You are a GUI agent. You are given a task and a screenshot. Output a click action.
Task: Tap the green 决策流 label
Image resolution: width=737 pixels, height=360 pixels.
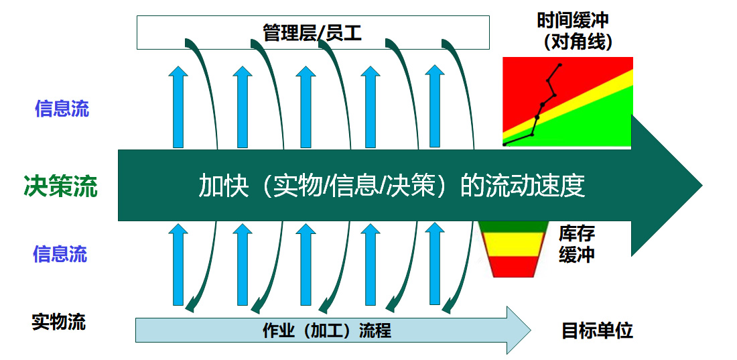click(60, 186)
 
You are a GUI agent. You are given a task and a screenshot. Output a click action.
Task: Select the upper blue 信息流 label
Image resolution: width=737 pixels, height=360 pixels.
click(62, 109)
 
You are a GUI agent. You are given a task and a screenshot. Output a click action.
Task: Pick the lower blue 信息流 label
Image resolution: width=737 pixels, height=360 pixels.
click(60, 254)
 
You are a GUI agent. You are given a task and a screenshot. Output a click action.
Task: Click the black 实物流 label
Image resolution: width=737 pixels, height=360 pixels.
click(59, 322)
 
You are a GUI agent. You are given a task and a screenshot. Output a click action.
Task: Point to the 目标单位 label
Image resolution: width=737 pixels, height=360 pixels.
click(597, 331)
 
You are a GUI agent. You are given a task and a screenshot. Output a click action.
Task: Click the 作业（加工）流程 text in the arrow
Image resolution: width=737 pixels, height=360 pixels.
click(327, 331)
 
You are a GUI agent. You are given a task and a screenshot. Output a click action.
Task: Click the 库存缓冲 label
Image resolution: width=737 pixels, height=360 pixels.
click(577, 244)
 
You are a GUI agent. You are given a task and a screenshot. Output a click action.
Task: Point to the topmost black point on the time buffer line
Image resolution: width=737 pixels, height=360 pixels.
click(559, 65)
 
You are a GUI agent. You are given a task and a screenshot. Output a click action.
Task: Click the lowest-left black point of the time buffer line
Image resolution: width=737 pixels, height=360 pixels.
click(505, 144)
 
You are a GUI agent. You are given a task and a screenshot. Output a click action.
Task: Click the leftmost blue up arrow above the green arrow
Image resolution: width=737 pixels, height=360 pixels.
click(178, 107)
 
